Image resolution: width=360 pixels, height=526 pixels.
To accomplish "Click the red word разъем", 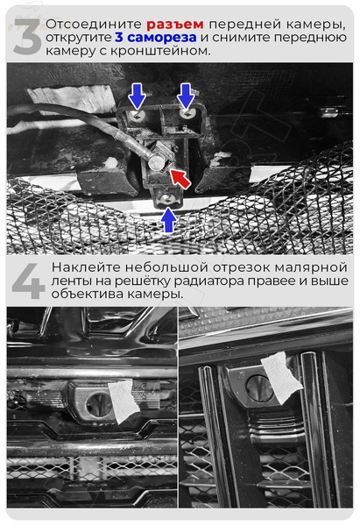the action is tap(175, 25).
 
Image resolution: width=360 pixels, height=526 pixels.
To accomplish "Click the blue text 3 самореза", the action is tap(156, 37).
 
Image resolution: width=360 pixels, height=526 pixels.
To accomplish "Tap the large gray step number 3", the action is tap(27, 36).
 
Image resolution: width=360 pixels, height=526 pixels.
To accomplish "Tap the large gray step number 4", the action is tap(28, 281).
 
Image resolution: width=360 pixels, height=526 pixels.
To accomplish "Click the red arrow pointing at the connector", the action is tap(180, 178).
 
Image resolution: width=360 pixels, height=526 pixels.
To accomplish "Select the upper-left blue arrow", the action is tap(138, 96).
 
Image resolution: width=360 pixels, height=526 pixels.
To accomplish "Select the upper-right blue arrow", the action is tap(186, 96).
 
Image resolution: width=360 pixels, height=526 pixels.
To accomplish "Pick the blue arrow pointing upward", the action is tap(168, 220).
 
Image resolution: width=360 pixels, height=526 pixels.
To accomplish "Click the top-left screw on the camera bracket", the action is tap(137, 116).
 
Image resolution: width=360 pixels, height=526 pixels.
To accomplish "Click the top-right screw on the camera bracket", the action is tap(187, 114).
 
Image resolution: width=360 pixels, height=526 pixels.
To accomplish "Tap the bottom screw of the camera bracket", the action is tap(167, 200).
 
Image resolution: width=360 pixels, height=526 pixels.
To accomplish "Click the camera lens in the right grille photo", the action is tap(258, 387).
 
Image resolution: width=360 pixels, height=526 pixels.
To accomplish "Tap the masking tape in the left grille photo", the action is tap(124, 401).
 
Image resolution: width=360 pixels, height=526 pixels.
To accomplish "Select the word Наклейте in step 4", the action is tap(86, 268).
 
